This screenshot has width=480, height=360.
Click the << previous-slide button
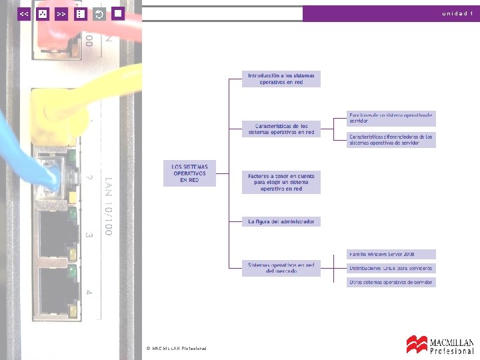pos(24,13)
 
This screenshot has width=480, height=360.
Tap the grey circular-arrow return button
pos(99,13)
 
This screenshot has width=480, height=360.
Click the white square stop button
pos(117,13)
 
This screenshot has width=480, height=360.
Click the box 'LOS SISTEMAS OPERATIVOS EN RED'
pos(190,173)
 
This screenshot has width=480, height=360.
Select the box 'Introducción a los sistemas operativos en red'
pos(281,79)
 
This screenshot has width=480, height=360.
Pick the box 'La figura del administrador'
pos(281,221)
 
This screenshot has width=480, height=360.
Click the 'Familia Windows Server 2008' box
pos(391,255)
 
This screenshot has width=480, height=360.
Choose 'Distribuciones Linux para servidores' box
pos(391,269)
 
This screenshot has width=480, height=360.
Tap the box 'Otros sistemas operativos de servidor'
pos(391,283)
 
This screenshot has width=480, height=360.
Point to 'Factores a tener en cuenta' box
pos(281,182)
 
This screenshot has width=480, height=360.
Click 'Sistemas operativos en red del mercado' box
pos(281,268)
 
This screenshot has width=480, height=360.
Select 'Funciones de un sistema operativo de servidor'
pos(391,118)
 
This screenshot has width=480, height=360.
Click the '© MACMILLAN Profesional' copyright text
pos(176,349)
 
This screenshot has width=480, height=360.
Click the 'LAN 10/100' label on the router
pos(107,207)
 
